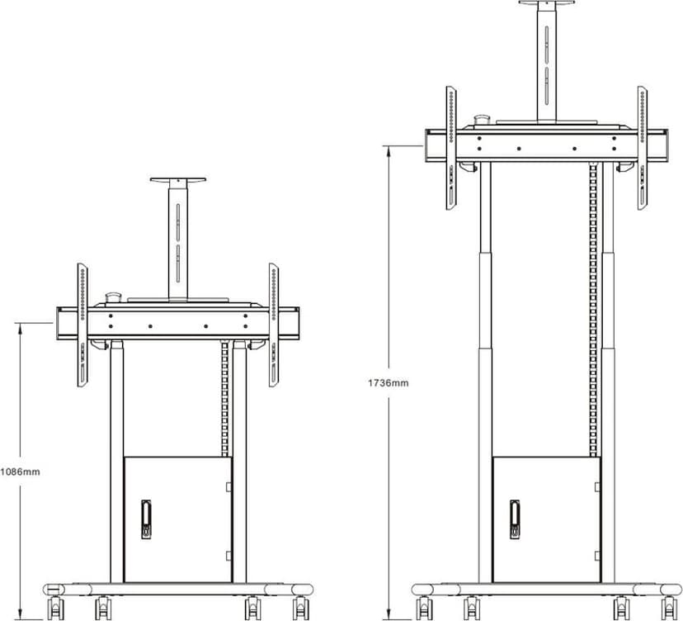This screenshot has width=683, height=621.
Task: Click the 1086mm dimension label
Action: (20, 472)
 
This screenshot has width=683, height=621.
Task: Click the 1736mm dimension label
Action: (389, 383)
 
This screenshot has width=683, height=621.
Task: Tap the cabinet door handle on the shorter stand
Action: (146, 519)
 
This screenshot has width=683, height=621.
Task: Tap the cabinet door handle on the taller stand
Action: (515, 519)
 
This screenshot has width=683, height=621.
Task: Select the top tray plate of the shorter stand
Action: (177, 180)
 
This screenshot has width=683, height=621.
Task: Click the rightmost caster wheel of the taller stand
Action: (670, 607)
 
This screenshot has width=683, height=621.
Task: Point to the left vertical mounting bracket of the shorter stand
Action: (82, 325)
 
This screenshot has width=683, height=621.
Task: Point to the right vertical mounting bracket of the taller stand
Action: (642, 148)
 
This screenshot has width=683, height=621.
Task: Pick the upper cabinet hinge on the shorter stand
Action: (228, 486)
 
